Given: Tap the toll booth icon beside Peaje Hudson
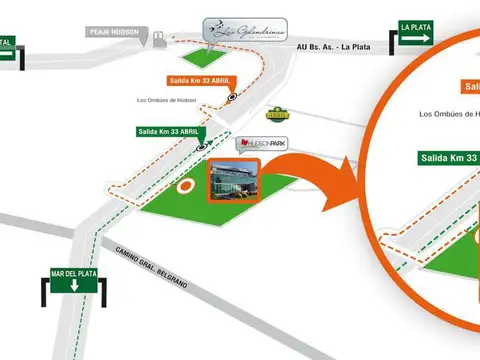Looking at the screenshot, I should tap(158, 39).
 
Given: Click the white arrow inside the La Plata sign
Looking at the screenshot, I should tap(417, 39).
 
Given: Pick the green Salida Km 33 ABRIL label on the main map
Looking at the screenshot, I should tap(169, 131).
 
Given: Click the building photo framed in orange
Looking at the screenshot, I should tap(233, 183).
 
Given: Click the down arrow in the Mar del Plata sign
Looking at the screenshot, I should tap(73, 286).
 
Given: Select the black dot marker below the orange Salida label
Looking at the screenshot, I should tap(233, 98).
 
